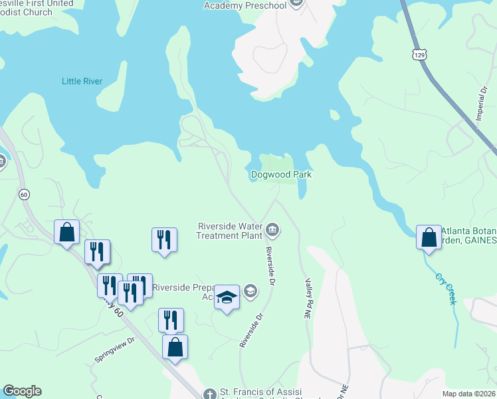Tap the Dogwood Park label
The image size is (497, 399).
click(x=281, y=175)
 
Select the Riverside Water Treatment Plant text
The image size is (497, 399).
click(x=230, y=230)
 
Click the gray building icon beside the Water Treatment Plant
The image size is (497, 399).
click(x=272, y=231)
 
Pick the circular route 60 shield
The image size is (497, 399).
click(x=24, y=194)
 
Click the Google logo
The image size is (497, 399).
click(x=22, y=391)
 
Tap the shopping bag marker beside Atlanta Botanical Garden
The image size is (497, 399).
click(x=429, y=237)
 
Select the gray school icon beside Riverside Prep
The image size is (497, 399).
click(x=250, y=289)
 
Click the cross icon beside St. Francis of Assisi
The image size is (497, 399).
click(x=210, y=393)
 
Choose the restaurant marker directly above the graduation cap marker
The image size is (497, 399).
click(x=164, y=240)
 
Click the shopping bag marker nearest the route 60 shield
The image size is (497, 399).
click(x=66, y=233)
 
